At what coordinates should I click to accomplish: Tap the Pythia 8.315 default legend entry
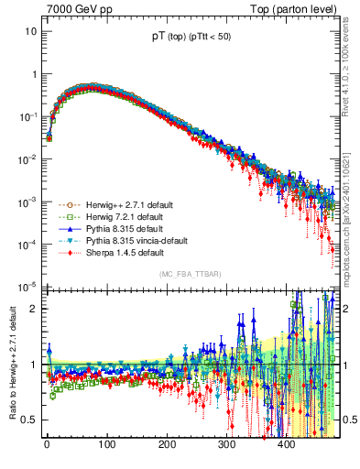click(125, 228)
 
